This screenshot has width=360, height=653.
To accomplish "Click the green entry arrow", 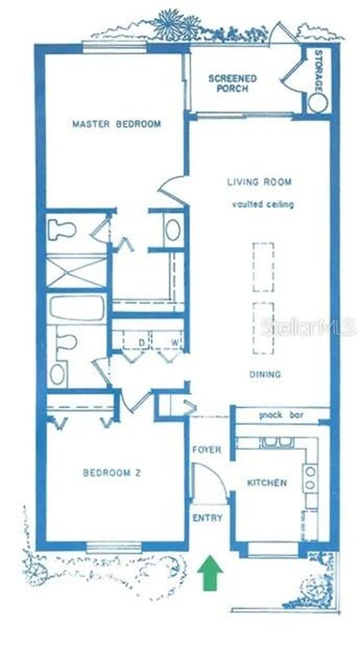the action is (210, 572).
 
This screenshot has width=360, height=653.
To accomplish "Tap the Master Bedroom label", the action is (117, 124).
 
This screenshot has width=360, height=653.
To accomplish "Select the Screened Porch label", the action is (233, 84).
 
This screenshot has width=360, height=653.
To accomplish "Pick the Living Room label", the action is (259, 182).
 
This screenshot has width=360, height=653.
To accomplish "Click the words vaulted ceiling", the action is (263, 204).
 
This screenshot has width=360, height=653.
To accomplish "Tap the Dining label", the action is (265, 374).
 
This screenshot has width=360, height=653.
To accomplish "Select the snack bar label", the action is (281, 415).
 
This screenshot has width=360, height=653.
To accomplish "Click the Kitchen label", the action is (267, 483).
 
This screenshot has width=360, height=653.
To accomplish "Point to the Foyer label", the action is (207, 450).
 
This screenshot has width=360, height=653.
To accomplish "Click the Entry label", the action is (207, 518).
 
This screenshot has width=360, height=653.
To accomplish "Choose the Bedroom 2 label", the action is (112, 473).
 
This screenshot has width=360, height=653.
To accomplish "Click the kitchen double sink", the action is (277, 441).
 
